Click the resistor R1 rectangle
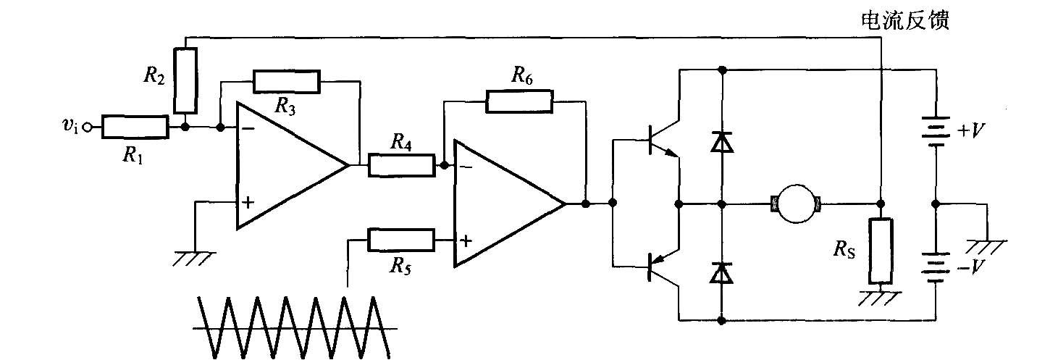135,127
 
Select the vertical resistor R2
186,80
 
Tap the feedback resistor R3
286,82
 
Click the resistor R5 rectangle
402,240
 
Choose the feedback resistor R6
520,101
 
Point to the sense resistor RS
881,251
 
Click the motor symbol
796,204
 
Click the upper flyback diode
721,142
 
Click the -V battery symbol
935,267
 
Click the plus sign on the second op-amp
466,240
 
